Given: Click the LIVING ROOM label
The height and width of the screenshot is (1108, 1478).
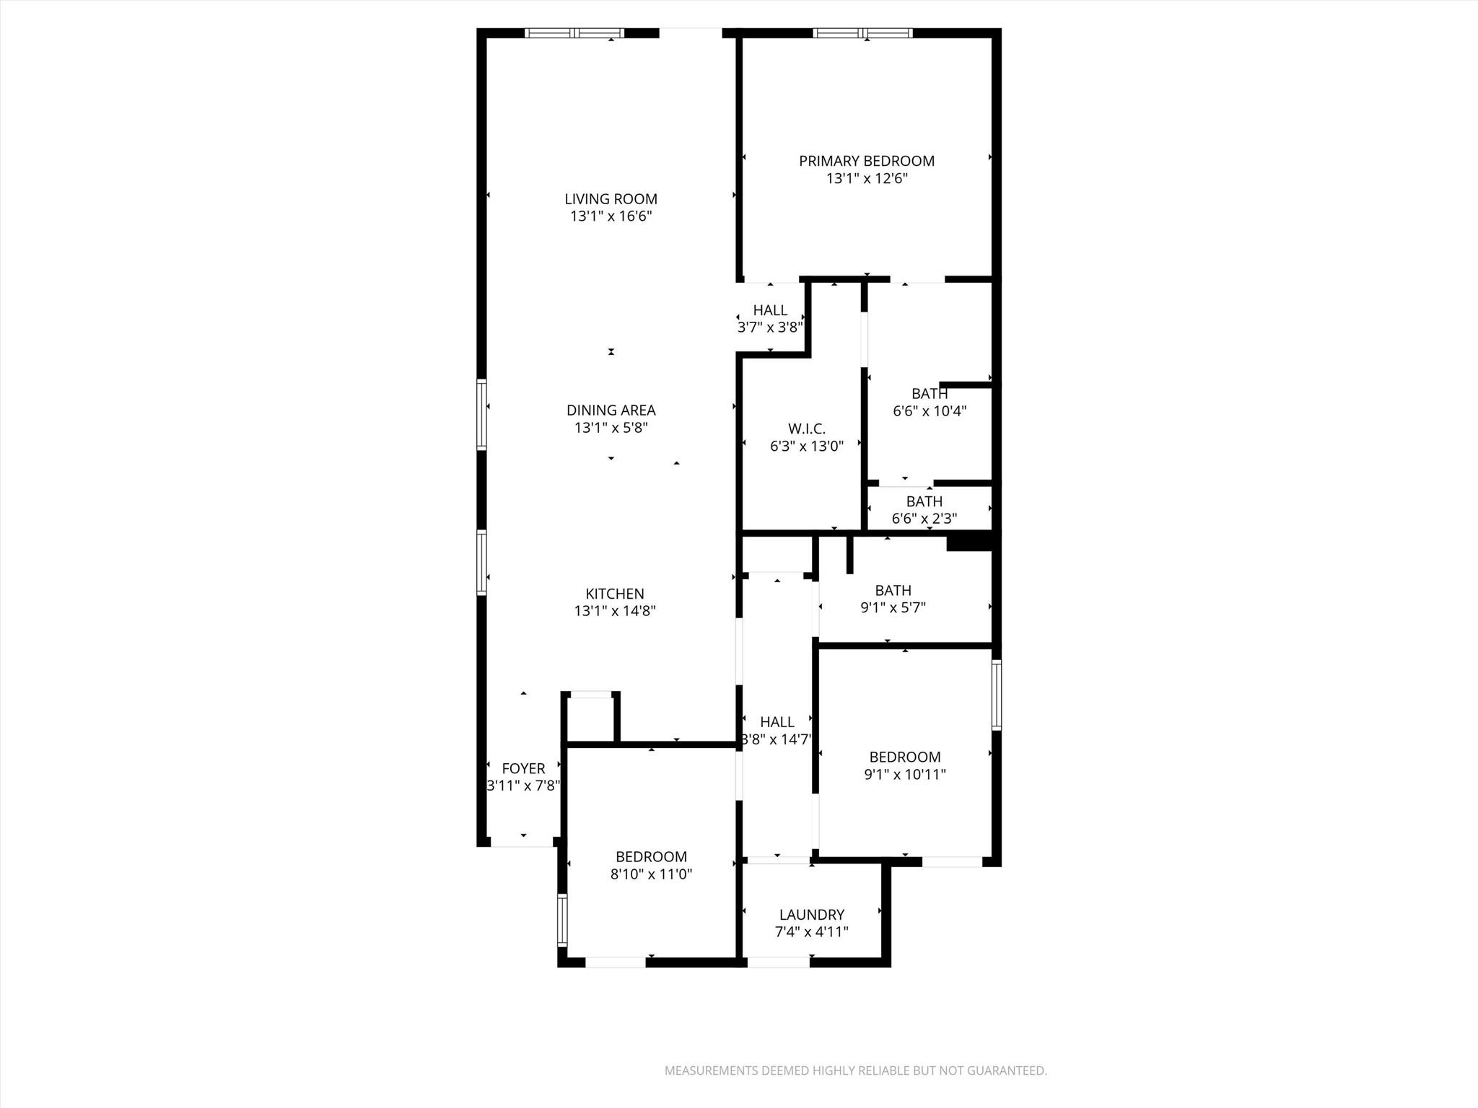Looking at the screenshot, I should click(611, 199).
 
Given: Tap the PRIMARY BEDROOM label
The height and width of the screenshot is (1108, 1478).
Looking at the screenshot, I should click(866, 161).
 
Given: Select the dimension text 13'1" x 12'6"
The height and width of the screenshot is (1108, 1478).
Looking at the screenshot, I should click(866, 179).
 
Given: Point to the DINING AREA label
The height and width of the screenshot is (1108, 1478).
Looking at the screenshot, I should click(611, 410).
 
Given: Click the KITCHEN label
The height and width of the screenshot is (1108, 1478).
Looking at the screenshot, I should click(614, 594).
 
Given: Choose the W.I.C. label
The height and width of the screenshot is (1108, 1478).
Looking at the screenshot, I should click(806, 429).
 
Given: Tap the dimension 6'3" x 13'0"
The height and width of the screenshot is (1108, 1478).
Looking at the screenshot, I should click(806, 447).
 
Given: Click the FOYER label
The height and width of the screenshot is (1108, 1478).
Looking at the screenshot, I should click(523, 769).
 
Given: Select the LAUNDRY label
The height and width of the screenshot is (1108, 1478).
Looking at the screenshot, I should click(811, 915).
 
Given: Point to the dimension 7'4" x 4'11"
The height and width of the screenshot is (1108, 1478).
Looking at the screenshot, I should click(811, 932).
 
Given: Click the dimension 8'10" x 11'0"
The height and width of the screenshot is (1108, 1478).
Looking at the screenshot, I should click(651, 874).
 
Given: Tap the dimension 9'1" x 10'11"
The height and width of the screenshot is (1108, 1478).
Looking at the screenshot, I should click(904, 775).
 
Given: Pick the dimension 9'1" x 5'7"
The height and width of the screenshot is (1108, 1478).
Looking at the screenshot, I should click(893, 607).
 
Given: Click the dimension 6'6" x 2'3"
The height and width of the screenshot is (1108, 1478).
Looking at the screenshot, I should click(924, 519).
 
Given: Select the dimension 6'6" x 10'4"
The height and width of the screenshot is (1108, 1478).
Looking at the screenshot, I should click(929, 411).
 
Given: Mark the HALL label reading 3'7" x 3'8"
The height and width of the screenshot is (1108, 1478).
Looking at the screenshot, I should click(770, 310).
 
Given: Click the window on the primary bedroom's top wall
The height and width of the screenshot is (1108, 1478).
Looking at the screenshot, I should click(862, 33).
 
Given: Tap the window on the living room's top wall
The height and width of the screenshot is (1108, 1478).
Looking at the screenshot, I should click(574, 33).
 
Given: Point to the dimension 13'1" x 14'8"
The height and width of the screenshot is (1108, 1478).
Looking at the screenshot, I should click(614, 611).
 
